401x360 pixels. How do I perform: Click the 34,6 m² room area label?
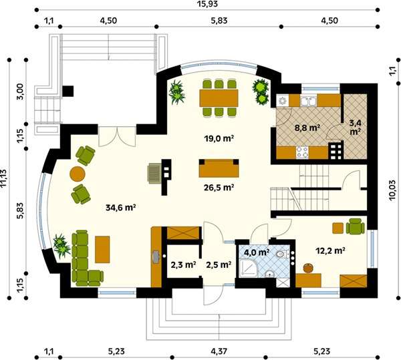120,208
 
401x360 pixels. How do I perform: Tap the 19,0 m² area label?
219,138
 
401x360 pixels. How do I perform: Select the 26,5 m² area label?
219,188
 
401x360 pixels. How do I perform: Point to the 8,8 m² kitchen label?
307,128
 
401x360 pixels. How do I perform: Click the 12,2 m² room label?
329,251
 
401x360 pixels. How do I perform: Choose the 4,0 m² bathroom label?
257,252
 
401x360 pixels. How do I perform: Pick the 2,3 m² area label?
183,265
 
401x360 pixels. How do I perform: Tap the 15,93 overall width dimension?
207,4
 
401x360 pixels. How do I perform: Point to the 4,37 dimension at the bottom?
219,351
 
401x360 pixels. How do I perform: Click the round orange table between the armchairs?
78,174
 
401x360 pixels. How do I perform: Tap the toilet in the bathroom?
282,254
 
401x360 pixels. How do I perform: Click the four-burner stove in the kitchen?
302,152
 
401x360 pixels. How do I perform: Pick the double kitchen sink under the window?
308,102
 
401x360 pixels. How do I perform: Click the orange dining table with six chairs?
219,98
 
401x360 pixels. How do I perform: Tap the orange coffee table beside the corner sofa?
102,249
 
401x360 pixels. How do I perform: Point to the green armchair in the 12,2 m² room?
356,226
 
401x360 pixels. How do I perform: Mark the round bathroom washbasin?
269,274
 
